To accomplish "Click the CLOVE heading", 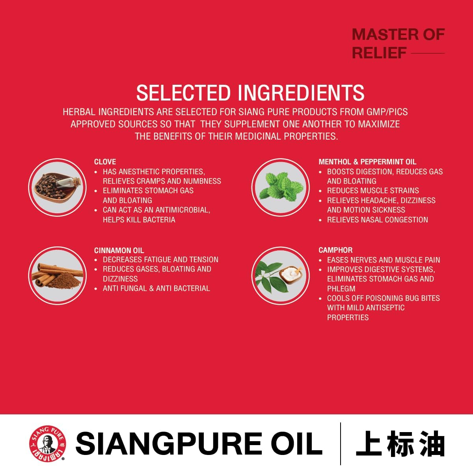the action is [105, 162].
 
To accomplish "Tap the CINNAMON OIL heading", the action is [119, 250].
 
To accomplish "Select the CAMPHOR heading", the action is [335, 250].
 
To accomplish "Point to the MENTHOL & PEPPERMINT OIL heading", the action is [367, 162].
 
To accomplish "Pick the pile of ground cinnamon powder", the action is [64, 280].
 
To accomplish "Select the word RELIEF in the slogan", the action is [379, 53].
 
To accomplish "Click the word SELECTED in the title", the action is [183, 93].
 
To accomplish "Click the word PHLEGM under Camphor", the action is [341, 289].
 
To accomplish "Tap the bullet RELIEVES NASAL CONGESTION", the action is [378, 220].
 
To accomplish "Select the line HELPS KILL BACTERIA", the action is [139, 220].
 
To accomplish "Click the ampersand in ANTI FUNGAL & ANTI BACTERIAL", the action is [151, 289].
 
